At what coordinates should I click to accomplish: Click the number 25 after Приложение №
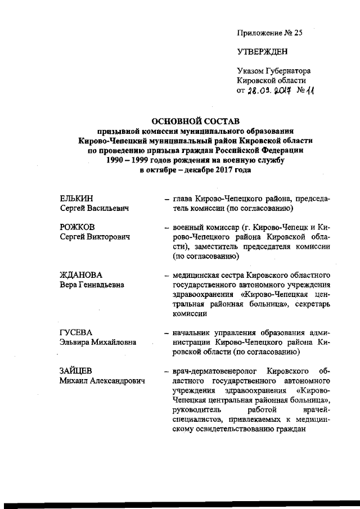click(298, 33)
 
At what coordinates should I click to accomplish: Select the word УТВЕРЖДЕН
click(262, 52)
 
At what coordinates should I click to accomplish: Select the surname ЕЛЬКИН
click(76, 199)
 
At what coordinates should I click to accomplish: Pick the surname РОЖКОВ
click(77, 227)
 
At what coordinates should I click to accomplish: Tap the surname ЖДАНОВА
click(81, 275)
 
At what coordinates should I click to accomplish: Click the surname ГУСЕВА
click(76, 332)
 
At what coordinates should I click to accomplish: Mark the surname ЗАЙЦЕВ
click(76, 371)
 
